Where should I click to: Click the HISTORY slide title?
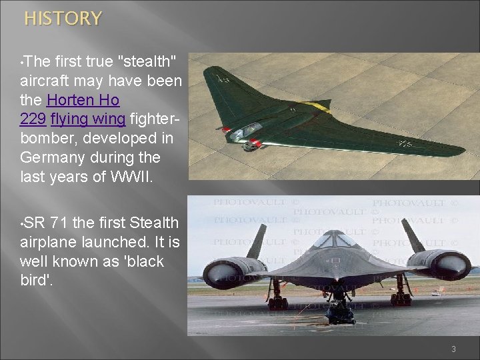click(x=63, y=19)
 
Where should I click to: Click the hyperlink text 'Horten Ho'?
click(x=83, y=101)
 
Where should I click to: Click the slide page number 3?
click(x=453, y=349)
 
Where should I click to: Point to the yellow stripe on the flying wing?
click(x=319, y=105)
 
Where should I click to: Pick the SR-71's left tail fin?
click(x=257, y=241)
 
